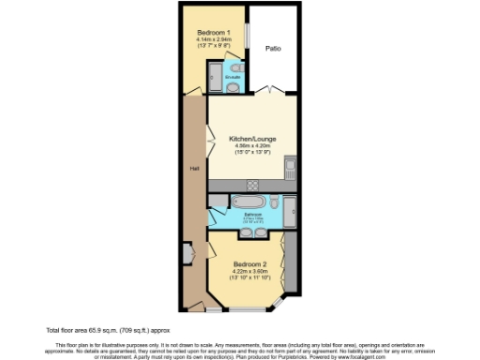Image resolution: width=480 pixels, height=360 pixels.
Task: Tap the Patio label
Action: pos(273,48)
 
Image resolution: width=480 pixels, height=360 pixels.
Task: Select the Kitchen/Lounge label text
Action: pos(249,139)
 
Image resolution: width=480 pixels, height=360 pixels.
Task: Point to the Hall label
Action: pos(194,169)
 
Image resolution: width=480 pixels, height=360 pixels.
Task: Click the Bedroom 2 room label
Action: pos(250,263)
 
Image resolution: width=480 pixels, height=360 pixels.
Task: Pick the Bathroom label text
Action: pos(252,215)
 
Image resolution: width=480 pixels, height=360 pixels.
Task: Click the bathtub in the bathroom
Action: pos(247,202)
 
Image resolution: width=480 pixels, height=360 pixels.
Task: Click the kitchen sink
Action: pos(292,169)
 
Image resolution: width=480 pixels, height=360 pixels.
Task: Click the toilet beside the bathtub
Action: pos(273,202)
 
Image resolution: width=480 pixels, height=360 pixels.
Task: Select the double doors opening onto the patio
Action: pos(272,92)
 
